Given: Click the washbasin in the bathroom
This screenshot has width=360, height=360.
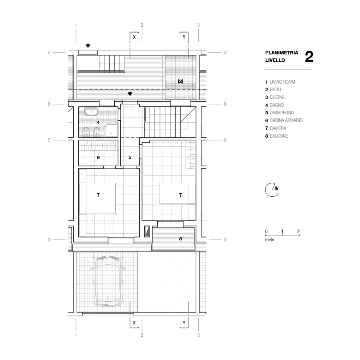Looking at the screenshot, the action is (91, 112).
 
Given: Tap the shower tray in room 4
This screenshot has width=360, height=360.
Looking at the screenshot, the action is (111, 131).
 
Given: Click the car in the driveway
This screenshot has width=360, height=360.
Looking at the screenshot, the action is (108, 280).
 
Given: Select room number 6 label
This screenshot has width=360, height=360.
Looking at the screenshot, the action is (98, 158).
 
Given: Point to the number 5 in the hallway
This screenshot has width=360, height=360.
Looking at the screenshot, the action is (130, 158).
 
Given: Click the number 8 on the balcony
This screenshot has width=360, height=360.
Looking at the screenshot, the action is (180, 239).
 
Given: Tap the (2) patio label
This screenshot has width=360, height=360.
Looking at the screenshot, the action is (180, 81).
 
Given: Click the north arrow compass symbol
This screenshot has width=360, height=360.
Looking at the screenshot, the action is (272, 190).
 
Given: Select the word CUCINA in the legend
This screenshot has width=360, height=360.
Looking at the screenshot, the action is (277, 97).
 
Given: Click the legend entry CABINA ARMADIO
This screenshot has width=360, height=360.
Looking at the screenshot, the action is (286, 120).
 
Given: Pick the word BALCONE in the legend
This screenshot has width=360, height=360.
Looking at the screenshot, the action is (279, 136).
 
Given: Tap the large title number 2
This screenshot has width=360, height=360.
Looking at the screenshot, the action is (309, 57).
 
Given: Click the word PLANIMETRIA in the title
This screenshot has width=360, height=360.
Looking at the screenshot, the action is (282, 52).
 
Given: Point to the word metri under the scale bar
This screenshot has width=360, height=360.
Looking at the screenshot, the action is (270, 240).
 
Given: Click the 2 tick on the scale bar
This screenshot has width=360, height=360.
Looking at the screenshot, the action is (298, 232).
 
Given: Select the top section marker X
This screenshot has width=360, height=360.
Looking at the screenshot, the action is (134, 37).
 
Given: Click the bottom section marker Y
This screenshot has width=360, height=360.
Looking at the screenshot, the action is (184, 322).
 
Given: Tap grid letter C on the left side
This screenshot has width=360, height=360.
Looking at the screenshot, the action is (49, 140).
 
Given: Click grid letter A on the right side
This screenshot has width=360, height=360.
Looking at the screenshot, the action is (225, 52).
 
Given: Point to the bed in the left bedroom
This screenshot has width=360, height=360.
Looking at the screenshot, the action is (97, 198).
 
